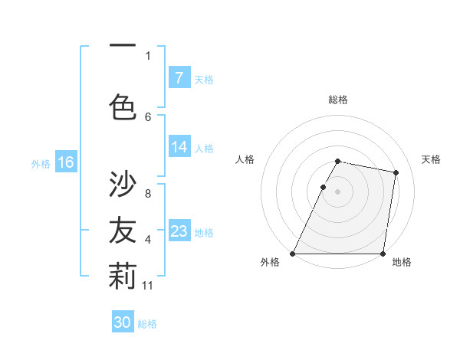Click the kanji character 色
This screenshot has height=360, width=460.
click(x=123, y=106)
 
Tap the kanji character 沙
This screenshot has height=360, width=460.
click(x=123, y=184)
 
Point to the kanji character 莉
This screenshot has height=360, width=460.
click(x=123, y=277)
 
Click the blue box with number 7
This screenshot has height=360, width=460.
click(x=179, y=77)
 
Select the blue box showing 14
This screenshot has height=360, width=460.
click(x=179, y=147)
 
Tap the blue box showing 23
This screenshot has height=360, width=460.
click(x=179, y=231)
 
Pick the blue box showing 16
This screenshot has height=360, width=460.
click(x=65, y=162)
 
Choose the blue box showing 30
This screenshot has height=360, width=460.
click(x=123, y=322)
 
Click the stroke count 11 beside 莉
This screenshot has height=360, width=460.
click(x=149, y=286)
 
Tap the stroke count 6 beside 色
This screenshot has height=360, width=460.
click(x=148, y=116)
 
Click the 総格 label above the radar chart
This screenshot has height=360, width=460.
click(x=337, y=100)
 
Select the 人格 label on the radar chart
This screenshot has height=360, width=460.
click(x=245, y=159)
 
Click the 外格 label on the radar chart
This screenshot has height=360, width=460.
click(x=270, y=262)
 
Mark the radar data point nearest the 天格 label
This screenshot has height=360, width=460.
click(x=396, y=173)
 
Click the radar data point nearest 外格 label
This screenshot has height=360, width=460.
click(x=293, y=254)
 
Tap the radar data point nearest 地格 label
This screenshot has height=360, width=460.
click(x=383, y=254)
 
